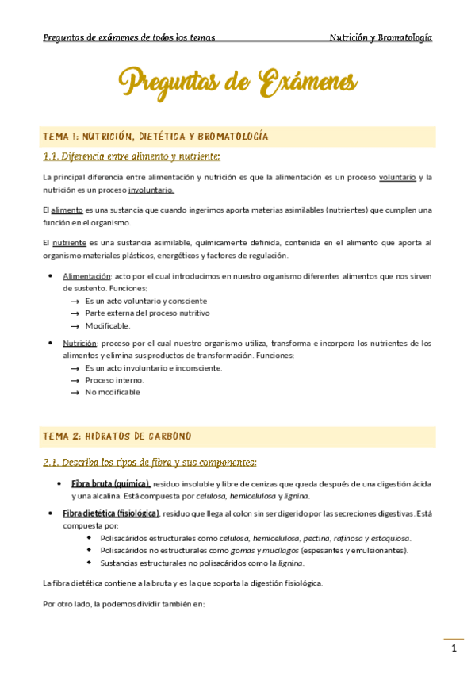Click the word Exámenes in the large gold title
click(308, 82)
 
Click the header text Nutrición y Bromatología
click(381, 37)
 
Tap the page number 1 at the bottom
click(454, 649)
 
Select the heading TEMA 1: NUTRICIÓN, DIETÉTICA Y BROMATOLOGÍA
click(155, 137)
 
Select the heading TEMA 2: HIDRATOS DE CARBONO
click(117, 436)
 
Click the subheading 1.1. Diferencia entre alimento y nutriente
click(131, 156)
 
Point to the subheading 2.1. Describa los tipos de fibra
click(149, 462)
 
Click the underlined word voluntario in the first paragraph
click(397, 177)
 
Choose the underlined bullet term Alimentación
click(86, 276)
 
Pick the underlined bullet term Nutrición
click(80, 344)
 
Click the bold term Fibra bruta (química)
click(110, 483)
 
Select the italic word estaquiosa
click(389, 538)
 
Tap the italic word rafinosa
click(354, 538)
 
